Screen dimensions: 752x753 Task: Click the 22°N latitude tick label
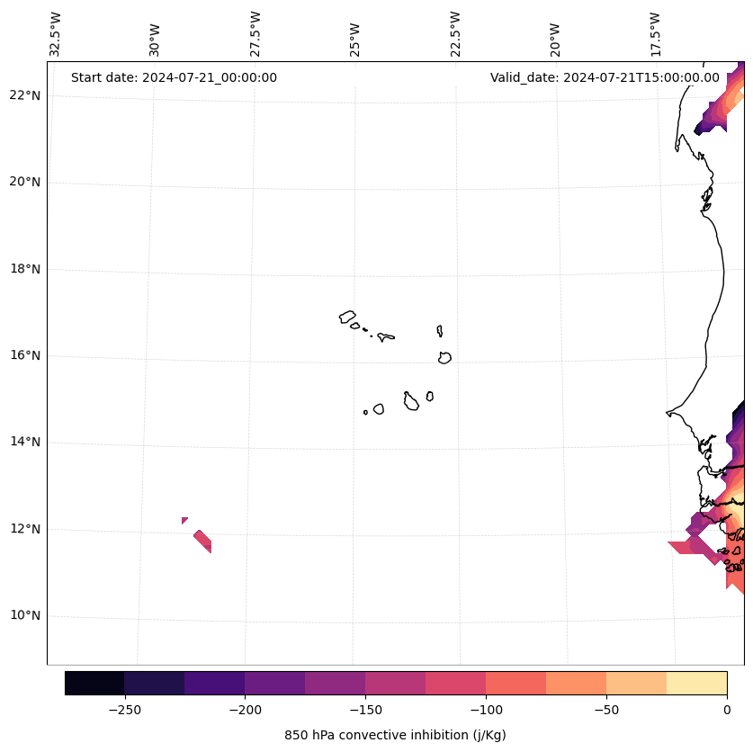[x=24, y=95]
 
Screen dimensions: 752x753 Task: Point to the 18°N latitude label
[x=24, y=269]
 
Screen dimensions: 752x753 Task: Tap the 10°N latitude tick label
[x=24, y=616]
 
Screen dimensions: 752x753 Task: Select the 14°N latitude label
[x=24, y=443]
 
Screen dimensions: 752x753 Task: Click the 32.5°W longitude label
[x=56, y=34]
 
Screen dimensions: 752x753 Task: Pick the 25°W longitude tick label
[x=355, y=39]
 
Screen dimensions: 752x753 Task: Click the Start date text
[x=174, y=77]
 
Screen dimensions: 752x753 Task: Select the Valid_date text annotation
[x=605, y=77]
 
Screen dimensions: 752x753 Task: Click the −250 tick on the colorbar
[x=124, y=709]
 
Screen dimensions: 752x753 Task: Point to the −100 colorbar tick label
[x=486, y=709]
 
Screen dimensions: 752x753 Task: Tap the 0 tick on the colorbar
[x=727, y=709]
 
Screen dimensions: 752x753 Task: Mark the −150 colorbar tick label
[x=365, y=709]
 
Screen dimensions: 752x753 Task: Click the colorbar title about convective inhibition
[x=395, y=735]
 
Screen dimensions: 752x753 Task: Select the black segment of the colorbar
[x=94, y=683]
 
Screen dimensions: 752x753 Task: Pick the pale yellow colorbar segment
[x=696, y=683]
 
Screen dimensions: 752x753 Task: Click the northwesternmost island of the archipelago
[x=347, y=317]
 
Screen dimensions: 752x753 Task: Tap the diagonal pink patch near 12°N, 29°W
[x=202, y=541]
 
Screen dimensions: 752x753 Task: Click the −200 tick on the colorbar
[x=245, y=709]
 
